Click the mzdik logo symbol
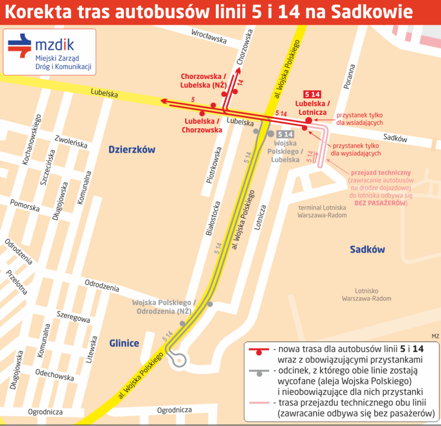click(19, 46)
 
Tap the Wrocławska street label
click(209, 37)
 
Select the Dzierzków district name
click(132, 150)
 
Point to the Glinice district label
click(124, 343)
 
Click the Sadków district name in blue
click(367, 249)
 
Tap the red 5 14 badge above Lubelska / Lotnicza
click(312, 94)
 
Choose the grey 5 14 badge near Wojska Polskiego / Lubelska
click(285, 134)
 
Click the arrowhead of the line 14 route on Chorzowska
click(238, 70)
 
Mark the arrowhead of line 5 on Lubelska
click(164, 101)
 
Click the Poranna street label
click(349, 77)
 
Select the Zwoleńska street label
click(71, 141)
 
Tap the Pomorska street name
click(25, 205)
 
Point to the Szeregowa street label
click(73, 317)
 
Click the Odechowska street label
click(55, 375)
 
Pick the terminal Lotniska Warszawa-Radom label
click(322, 211)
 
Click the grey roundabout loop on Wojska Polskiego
click(179, 360)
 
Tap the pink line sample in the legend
click(259, 403)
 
